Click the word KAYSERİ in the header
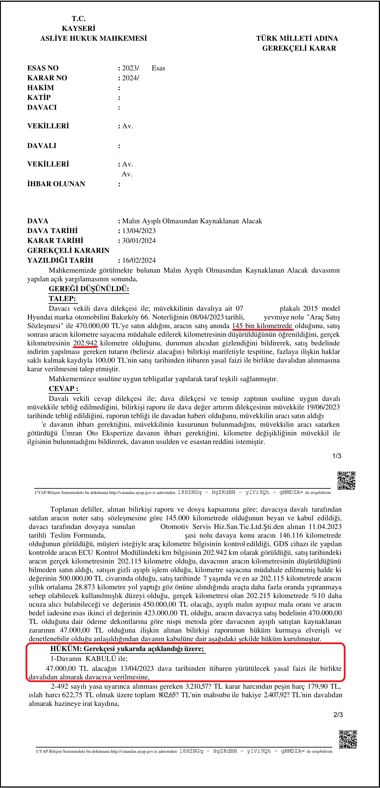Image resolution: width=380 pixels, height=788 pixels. coord(78,28)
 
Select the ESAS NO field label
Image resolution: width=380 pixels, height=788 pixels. coord(43,68)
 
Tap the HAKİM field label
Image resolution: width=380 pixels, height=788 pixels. coord(40,88)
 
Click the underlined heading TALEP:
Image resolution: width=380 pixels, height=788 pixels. coord(62,299)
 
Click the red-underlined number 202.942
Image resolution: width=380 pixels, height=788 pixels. coord(85,343)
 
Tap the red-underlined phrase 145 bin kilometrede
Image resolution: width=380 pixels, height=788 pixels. coord(262,326)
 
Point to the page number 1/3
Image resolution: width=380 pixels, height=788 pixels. coord(336,456)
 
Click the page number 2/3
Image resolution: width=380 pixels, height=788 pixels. coord(338,715)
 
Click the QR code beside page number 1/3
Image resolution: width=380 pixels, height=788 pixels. coord(346,481)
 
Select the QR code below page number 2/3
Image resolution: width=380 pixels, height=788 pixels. coord(348,740)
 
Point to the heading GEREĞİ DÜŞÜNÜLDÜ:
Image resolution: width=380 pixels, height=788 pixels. coord(89,289)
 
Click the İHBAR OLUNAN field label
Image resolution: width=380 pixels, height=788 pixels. coord(56,184)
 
